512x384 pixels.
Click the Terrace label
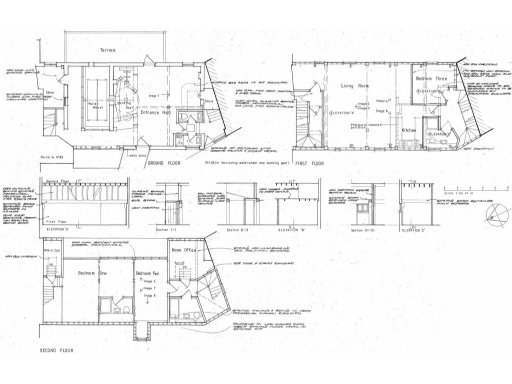pyautogui.click(x=107, y=49)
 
